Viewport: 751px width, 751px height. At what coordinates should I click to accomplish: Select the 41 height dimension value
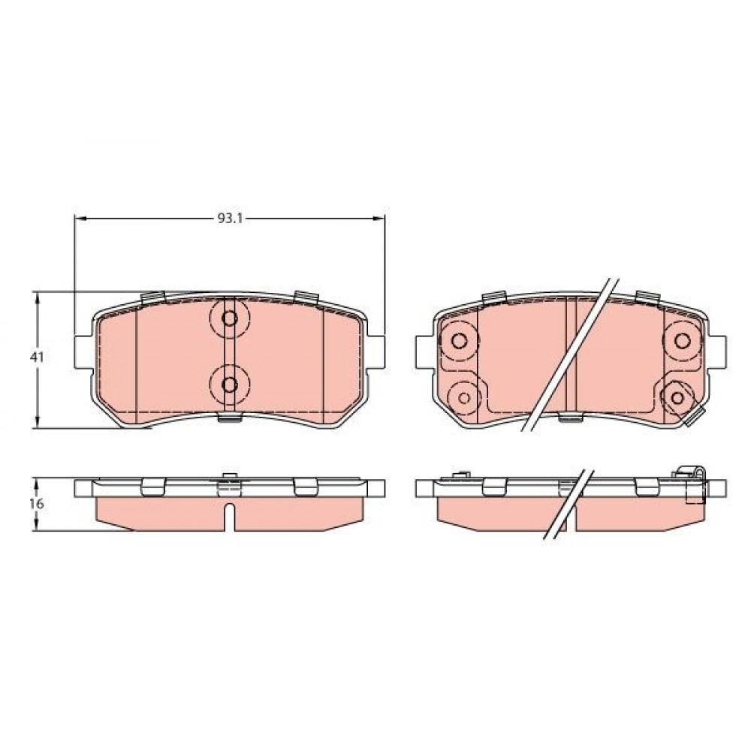point(37,357)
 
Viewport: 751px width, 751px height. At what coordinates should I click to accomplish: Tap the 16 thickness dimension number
point(37,504)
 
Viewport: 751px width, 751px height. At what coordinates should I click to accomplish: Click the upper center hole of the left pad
point(230,318)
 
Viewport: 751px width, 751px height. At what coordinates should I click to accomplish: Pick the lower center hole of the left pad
point(230,384)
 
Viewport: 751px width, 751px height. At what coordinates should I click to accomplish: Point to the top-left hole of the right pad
point(460,340)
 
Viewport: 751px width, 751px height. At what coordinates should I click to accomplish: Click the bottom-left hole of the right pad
point(463,397)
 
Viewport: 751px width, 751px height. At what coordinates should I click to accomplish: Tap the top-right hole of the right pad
point(682,340)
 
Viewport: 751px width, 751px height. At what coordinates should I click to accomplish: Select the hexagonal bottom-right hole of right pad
point(677,397)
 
